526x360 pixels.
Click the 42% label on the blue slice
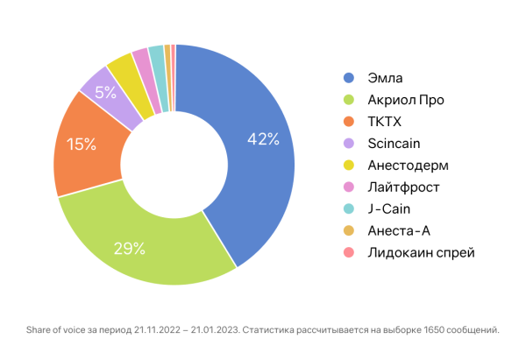[262, 138]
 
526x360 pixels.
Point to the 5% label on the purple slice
[106, 91]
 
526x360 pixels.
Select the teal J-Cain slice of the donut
[156, 55]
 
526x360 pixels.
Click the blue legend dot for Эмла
[349, 78]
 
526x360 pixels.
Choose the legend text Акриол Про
[407, 100]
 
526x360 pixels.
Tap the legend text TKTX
[384, 122]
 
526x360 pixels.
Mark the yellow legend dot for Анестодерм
[349, 166]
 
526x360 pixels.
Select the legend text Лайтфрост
[404, 187]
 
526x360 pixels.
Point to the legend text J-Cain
[389, 209]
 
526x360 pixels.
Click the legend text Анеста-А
[400, 231]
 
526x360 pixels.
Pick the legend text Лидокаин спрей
[422, 253]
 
